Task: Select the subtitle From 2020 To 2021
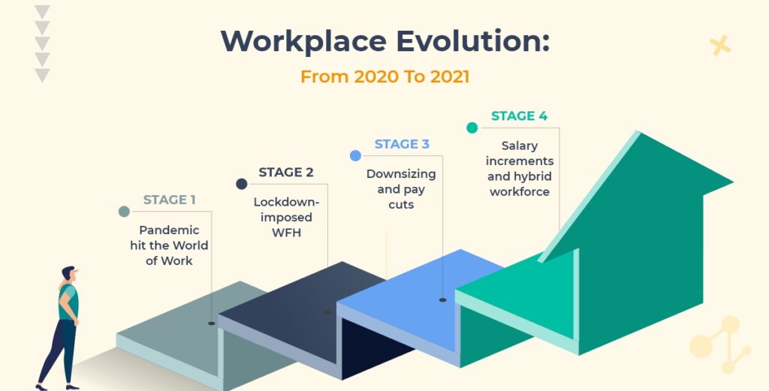tap(384, 77)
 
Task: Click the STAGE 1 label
tap(169, 200)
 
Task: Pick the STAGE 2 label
tap(286, 172)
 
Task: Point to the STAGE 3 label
tap(402, 144)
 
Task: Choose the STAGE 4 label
tap(519, 116)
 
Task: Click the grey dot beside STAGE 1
tap(124, 212)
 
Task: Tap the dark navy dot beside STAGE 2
tap(241, 184)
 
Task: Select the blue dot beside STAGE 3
tap(356, 155)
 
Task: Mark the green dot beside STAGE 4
tap(472, 128)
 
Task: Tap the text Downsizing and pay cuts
tap(401, 189)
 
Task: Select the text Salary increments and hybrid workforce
tap(520, 169)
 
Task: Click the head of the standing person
tap(69, 275)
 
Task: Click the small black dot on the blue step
tap(442, 299)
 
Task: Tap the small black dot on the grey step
tap(211, 323)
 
